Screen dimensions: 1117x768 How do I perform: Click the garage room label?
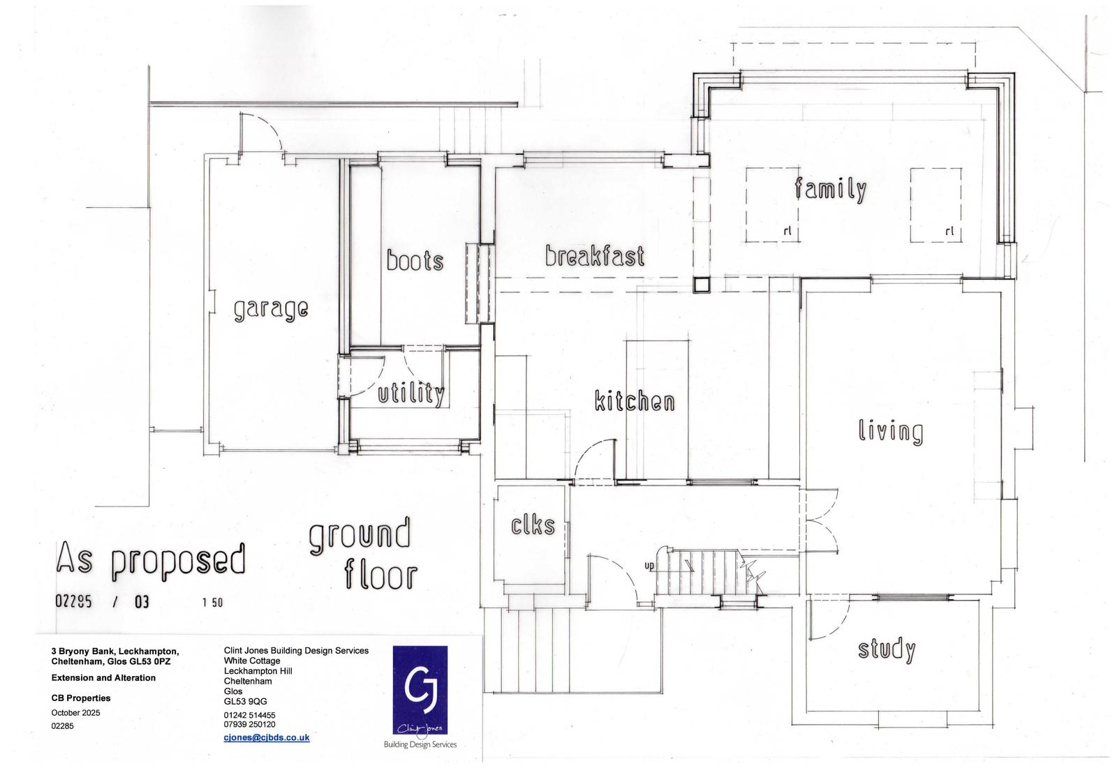[x=272, y=309]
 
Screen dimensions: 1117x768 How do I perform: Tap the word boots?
[x=415, y=260]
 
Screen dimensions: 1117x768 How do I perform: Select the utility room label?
[x=411, y=394]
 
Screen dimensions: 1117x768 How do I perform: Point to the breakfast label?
[x=594, y=255]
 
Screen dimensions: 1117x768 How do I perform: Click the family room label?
[x=831, y=189]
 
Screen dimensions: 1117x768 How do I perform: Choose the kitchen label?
[x=635, y=400]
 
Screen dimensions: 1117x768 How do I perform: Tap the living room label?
[x=891, y=431]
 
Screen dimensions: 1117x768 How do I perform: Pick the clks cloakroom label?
[x=533, y=525]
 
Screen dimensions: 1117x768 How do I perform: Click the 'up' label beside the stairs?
[x=649, y=566]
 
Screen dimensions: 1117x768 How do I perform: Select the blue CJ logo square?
[x=420, y=691]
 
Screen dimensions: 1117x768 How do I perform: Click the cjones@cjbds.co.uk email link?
[x=267, y=737]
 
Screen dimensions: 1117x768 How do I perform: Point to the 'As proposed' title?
[x=151, y=562]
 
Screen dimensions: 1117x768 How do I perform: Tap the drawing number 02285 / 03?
[x=102, y=601]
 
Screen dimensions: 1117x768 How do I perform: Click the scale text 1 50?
[x=212, y=603]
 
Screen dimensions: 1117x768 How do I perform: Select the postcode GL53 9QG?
[x=245, y=702]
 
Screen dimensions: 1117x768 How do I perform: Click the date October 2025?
[x=76, y=713]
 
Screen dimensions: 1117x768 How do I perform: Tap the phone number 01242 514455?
[x=249, y=715]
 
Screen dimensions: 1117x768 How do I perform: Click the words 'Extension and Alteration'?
[x=103, y=678]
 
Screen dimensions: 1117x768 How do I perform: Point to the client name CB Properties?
[x=81, y=698]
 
